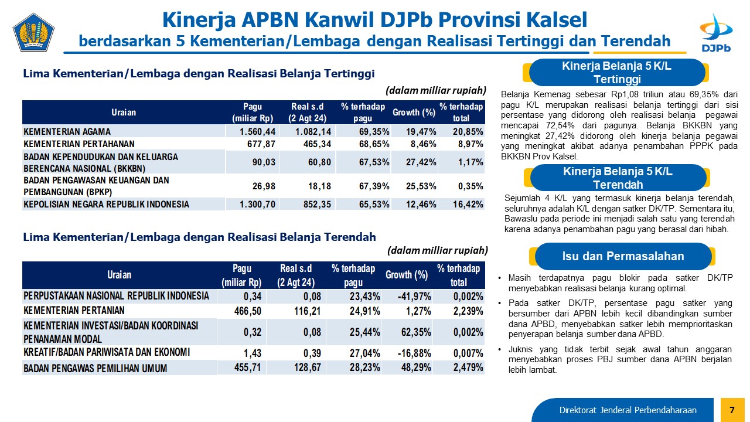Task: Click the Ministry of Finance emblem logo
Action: coord(33,32)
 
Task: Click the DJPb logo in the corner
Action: coord(716,33)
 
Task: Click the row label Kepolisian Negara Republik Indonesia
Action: coord(107,205)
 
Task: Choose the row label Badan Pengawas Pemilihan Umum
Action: coord(96,369)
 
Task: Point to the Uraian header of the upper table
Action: coord(124,112)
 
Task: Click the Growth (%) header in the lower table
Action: coord(407,275)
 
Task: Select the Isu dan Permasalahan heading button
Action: coord(623,256)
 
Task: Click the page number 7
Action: coord(732,410)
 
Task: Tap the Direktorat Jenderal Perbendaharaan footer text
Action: coord(628,410)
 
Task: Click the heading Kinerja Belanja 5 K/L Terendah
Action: coord(618,178)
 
